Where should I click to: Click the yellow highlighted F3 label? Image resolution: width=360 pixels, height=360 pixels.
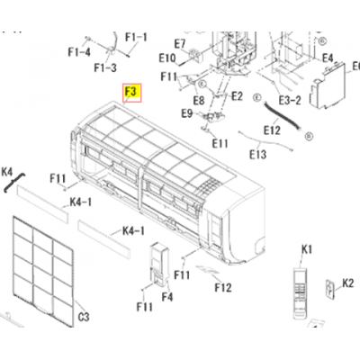pos(131,94)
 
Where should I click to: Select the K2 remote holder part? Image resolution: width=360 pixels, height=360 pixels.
pos(330,289)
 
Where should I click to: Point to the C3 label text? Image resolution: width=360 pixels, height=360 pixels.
pos(84,317)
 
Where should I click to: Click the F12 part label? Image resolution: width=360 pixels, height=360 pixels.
pos(223,288)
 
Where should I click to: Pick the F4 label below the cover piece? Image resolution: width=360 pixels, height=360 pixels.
pos(167,297)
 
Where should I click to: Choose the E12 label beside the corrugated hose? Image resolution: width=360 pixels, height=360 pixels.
pos(272,130)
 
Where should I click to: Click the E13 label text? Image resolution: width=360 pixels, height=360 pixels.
pos(257,155)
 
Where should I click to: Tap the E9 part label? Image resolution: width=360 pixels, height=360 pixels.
pos(187,113)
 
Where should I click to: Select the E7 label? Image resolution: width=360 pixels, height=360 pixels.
pos(180,44)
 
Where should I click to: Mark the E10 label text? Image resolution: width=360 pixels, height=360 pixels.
pos(167,58)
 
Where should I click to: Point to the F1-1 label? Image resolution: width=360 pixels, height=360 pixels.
pos(137,37)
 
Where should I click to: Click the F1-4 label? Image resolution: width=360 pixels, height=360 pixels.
pos(79,52)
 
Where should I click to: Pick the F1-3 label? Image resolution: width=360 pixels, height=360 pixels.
pos(105,67)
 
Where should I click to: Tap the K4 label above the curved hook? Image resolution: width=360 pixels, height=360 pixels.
pos(7,172)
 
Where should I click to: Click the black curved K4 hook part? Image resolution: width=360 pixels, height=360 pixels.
pos(14,182)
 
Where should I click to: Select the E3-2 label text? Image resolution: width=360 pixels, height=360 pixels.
pos(290,100)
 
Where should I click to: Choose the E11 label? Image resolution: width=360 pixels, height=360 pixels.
pos(220,143)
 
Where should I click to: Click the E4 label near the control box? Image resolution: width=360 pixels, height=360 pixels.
pos(328,58)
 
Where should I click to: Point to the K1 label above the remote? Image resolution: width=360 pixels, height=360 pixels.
pos(307,249)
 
